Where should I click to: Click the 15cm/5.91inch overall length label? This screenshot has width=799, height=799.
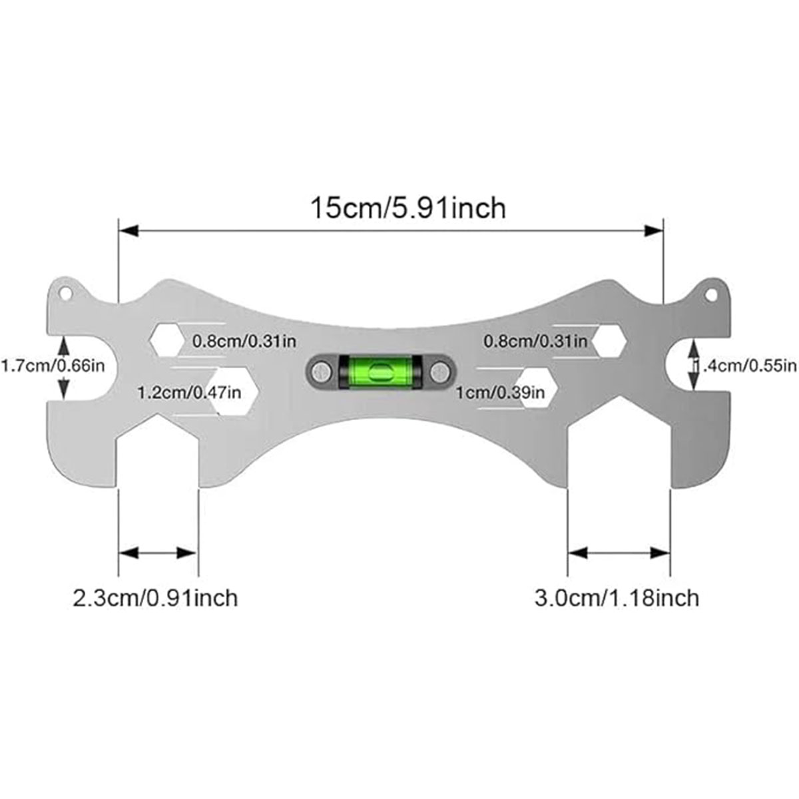pos(408,208)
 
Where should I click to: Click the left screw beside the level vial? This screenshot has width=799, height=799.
pos(321,371)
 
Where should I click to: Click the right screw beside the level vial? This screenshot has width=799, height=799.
pos(439,371)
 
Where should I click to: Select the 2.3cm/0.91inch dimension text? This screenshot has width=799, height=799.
pos(155,597)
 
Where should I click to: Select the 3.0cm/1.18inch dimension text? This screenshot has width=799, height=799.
pos(617,597)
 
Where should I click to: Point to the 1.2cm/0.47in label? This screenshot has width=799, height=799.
pos(188,392)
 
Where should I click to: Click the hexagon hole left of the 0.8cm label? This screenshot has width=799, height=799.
pos(166,340)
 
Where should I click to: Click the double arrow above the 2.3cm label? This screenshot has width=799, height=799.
pos(158,553)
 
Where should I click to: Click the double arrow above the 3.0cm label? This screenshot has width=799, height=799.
pos(618,553)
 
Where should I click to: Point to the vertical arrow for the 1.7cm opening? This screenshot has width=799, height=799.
pos(64,367)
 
